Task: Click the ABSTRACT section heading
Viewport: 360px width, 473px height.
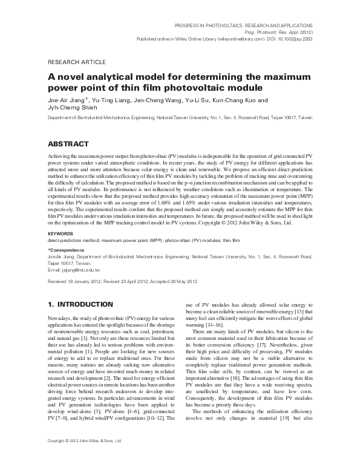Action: point(71,145)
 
